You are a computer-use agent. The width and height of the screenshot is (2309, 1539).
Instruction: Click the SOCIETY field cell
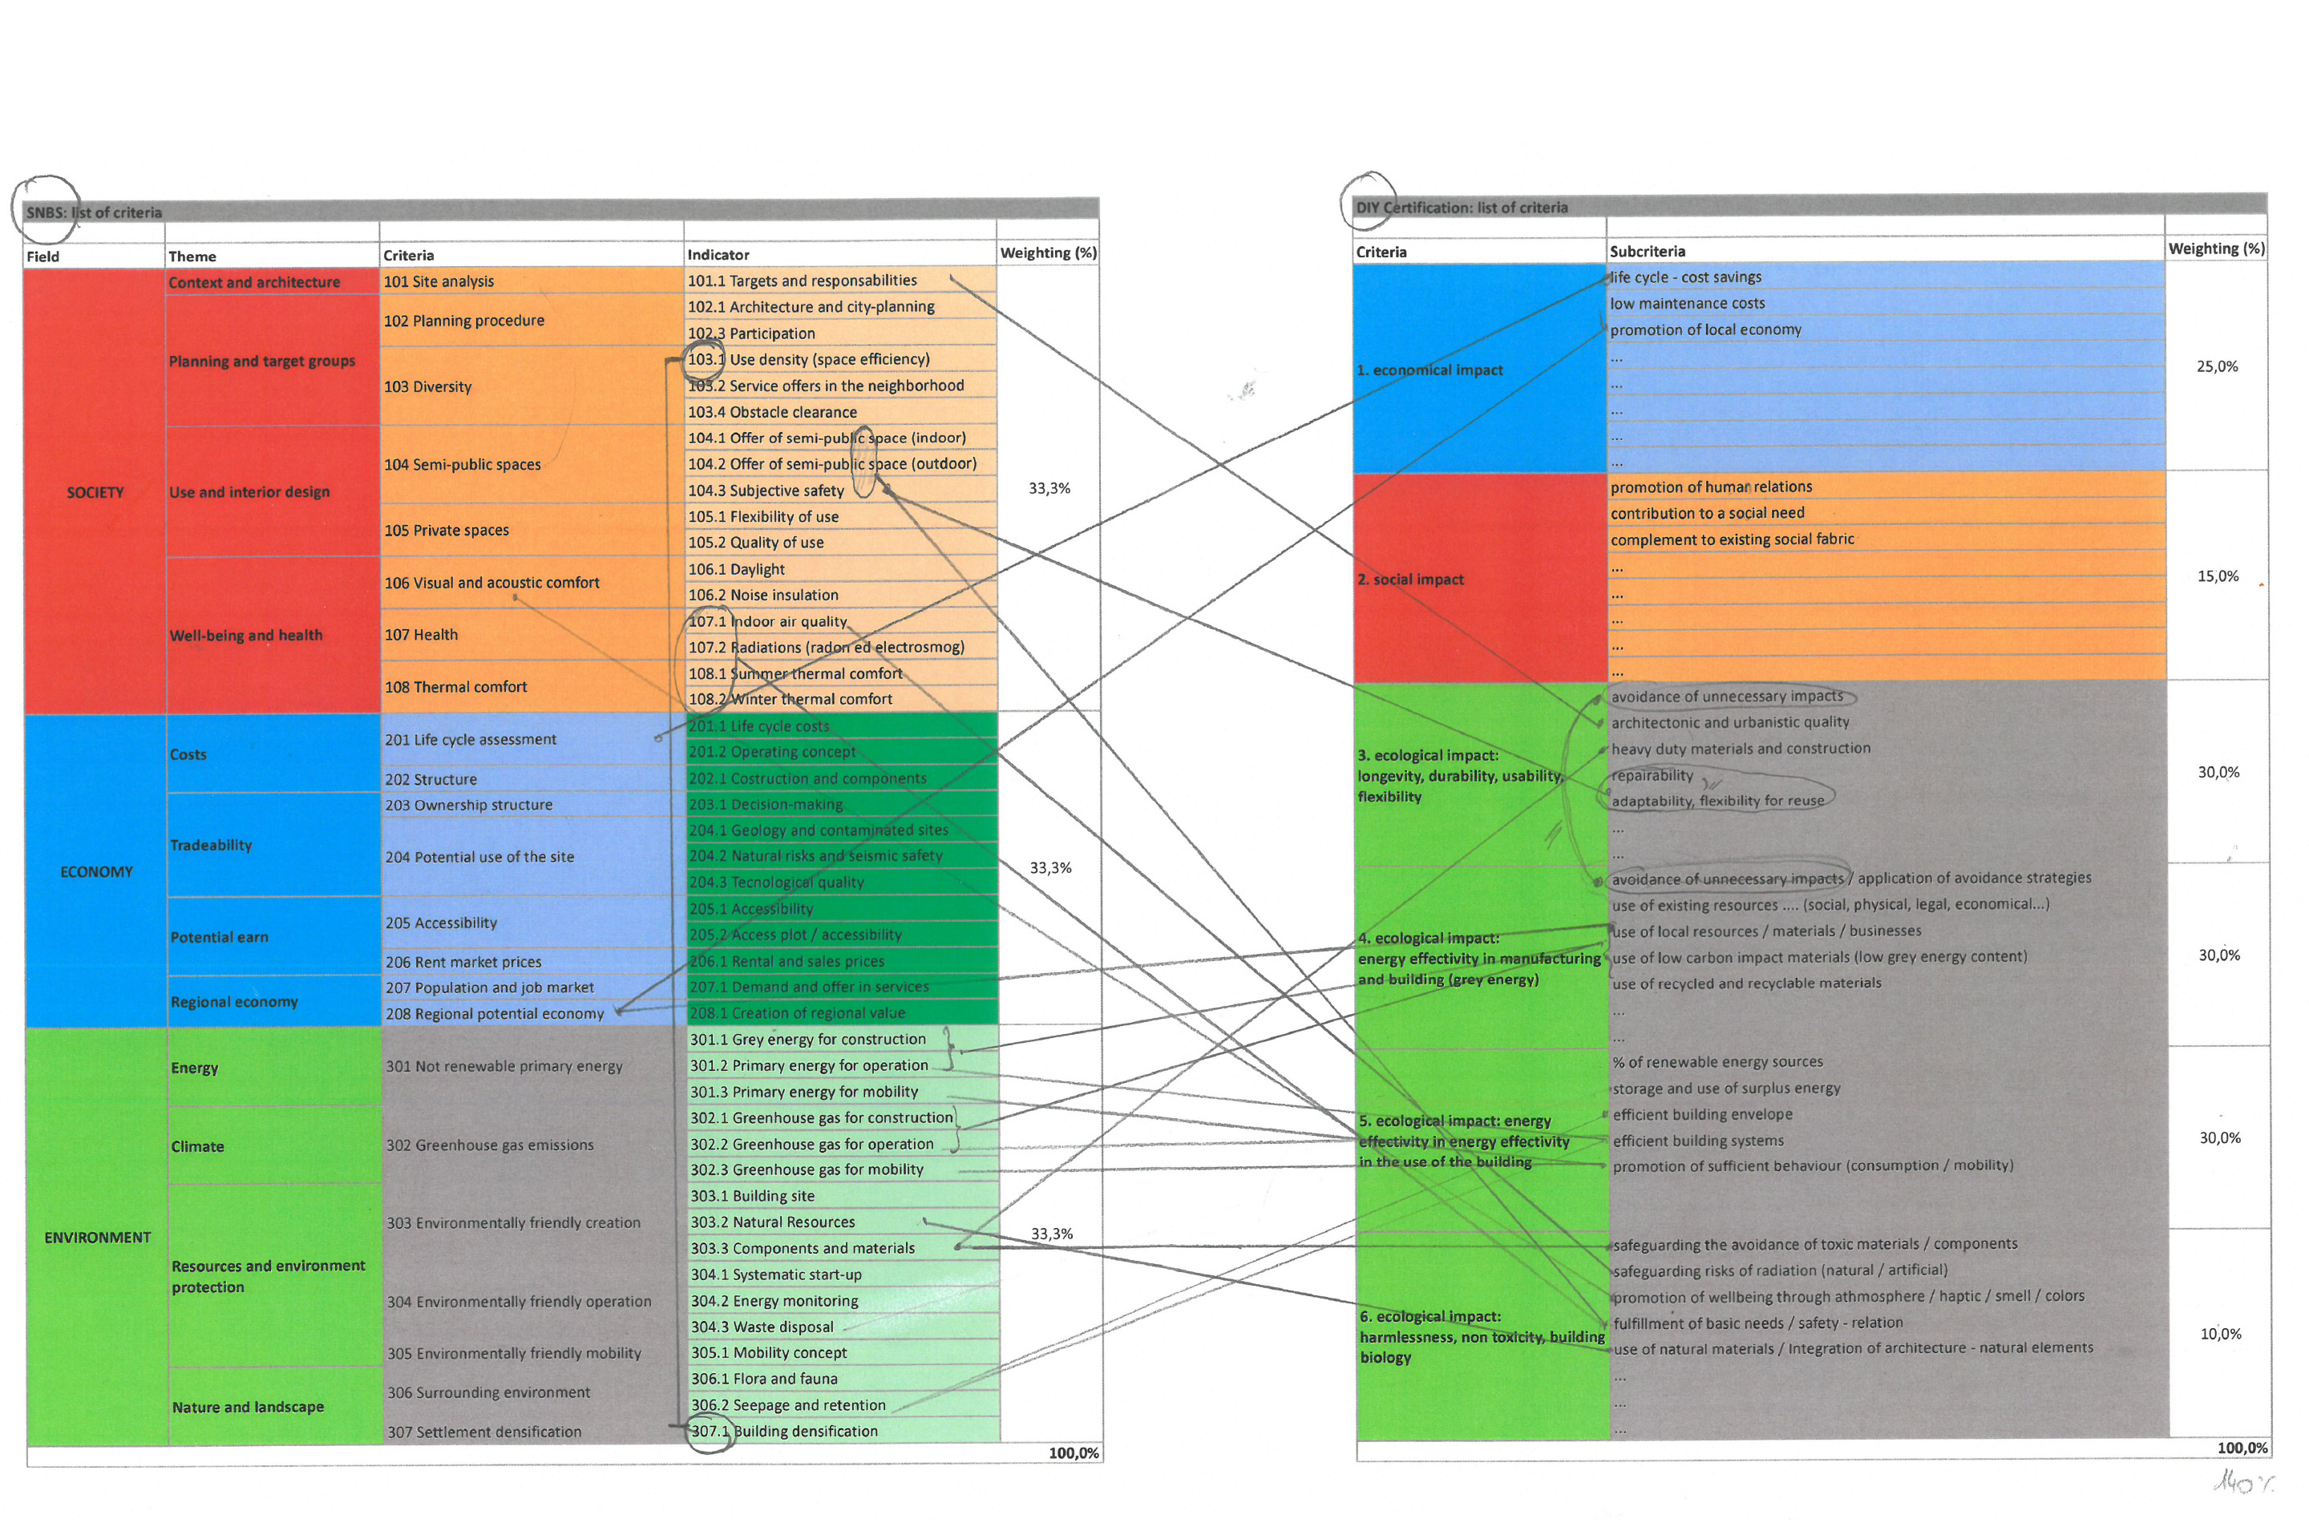(95, 491)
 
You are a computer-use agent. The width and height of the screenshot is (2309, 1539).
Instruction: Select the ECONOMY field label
(96, 871)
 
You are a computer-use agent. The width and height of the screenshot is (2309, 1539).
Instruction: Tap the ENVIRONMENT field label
(97, 1237)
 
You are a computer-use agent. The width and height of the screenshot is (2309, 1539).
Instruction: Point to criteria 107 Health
(421, 635)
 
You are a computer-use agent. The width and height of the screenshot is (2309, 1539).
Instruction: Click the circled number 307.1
(710, 1431)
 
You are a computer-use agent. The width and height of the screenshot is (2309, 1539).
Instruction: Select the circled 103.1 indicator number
(706, 359)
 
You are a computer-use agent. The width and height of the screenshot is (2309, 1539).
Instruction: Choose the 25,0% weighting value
(2217, 366)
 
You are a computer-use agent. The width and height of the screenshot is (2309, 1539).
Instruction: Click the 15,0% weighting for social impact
(2218, 576)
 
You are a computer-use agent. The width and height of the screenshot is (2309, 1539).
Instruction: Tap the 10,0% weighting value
(2220, 1334)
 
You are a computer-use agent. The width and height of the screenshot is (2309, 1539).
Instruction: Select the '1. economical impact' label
(1429, 370)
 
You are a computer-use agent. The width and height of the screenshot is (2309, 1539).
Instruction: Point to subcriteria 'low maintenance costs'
(1687, 303)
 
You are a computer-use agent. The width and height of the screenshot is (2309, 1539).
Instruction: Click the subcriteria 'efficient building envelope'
(1702, 1114)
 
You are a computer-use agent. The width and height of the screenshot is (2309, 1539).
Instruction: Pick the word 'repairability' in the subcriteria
(1652, 775)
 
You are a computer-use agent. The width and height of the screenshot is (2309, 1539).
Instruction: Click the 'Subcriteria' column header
(1648, 251)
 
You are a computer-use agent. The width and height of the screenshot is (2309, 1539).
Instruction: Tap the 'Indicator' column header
(718, 254)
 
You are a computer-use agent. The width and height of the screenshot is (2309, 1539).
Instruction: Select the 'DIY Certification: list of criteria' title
(1462, 207)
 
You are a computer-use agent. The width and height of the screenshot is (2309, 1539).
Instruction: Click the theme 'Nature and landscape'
(248, 1407)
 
